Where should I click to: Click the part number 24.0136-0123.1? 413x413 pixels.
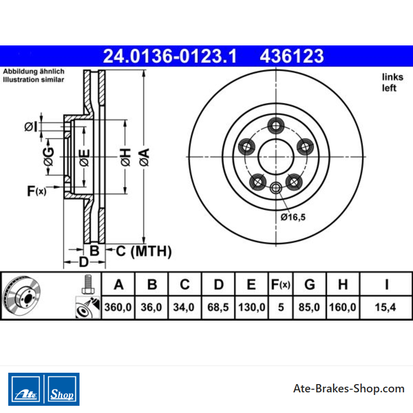[170, 56]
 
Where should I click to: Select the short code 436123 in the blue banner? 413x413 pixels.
[292, 56]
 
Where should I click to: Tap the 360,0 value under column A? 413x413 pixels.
[118, 307]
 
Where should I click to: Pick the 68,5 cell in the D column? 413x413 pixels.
[218, 307]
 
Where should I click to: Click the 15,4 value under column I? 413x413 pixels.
[385, 307]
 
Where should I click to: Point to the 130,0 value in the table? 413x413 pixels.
[251, 307]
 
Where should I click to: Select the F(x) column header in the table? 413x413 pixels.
[280, 284]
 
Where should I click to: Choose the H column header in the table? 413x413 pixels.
[343, 284]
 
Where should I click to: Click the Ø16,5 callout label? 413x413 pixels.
[293, 217]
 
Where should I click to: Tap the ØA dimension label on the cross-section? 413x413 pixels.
[145, 157]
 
